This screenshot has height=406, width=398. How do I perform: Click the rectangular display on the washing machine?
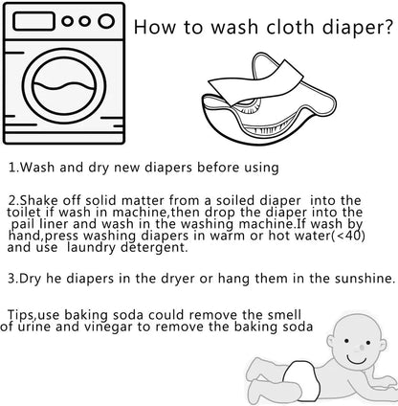33,21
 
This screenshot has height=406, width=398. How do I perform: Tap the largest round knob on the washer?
106,21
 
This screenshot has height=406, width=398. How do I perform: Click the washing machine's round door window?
64,86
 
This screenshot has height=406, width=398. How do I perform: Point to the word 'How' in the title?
155,27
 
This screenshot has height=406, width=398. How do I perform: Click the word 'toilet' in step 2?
24,213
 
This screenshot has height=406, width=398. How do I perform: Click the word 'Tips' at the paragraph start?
22,315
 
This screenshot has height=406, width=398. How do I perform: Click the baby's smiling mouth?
356,359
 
